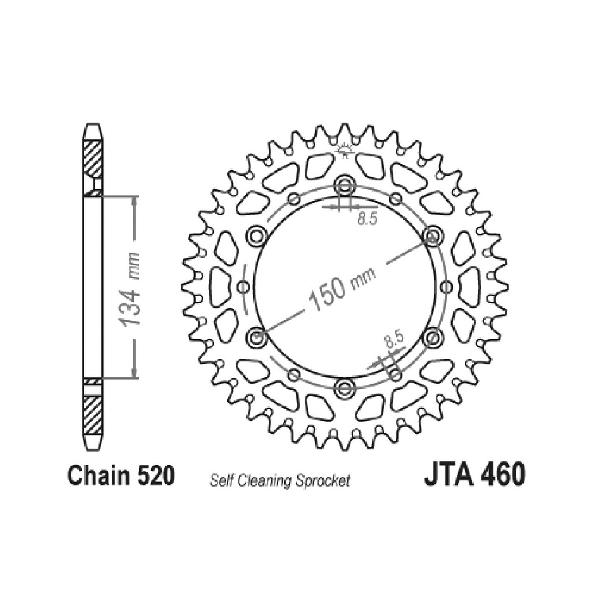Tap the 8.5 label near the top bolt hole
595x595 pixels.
click(x=368, y=219)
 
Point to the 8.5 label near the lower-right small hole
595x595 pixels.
click(x=392, y=339)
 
